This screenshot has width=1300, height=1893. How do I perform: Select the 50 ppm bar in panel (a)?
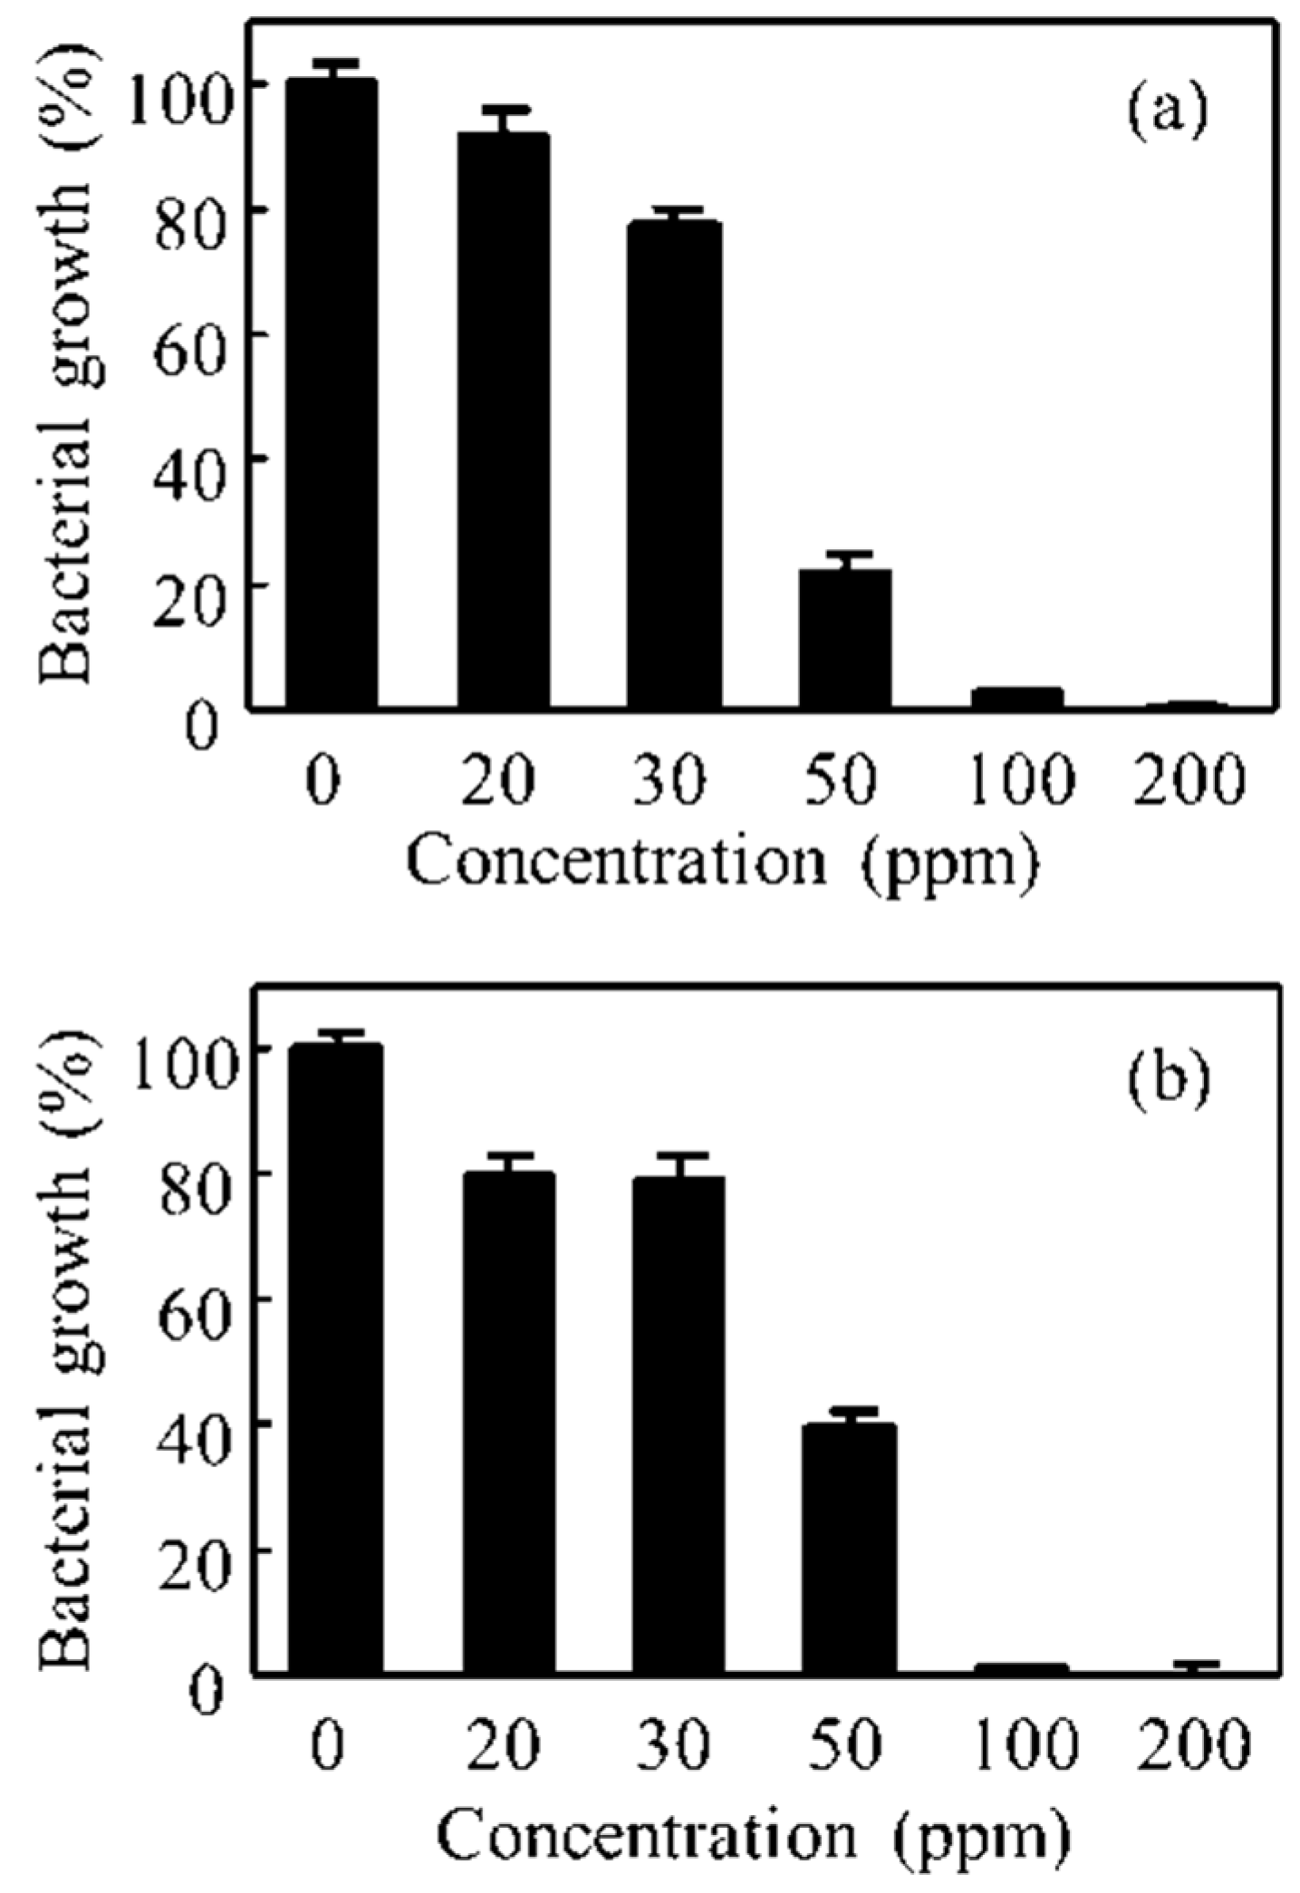(844, 638)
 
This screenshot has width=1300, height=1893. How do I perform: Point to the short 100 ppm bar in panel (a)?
(1016, 698)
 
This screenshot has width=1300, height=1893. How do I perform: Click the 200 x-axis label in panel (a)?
(1190, 780)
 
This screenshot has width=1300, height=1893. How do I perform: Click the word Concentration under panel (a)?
(616, 861)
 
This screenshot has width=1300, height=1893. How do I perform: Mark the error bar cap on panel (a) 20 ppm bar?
(505, 110)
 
